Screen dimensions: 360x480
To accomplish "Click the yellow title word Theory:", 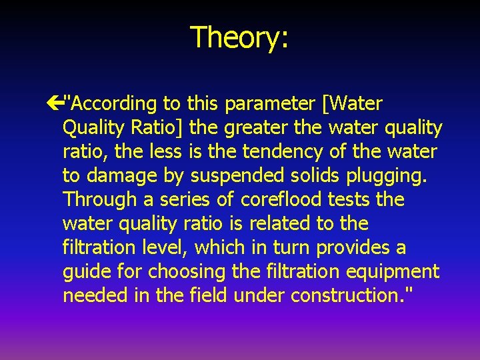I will pos(239,37).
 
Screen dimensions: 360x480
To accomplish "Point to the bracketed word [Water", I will pos(352,104).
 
